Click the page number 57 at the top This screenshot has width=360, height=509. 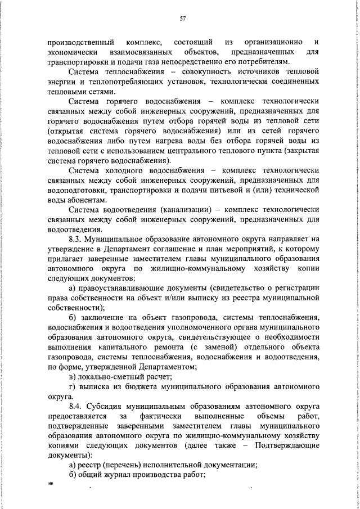(x=183, y=19)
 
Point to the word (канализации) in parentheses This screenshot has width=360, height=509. (x=184, y=210)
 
